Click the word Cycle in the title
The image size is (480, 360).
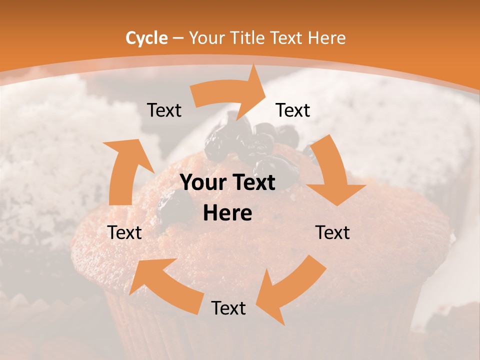pyautogui.click(x=146, y=38)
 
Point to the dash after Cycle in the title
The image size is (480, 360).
pyautogui.click(x=177, y=38)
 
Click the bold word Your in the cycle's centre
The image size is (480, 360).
pyautogui.click(x=200, y=183)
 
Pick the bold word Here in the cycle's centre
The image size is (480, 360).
pyautogui.click(x=227, y=213)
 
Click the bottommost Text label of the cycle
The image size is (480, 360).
pyautogui.click(x=228, y=308)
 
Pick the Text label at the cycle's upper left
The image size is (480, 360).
pyautogui.click(x=164, y=110)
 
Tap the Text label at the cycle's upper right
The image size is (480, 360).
pyautogui.click(x=293, y=110)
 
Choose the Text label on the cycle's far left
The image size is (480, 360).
pyautogui.click(x=125, y=232)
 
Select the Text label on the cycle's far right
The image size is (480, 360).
pyautogui.click(x=332, y=232)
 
